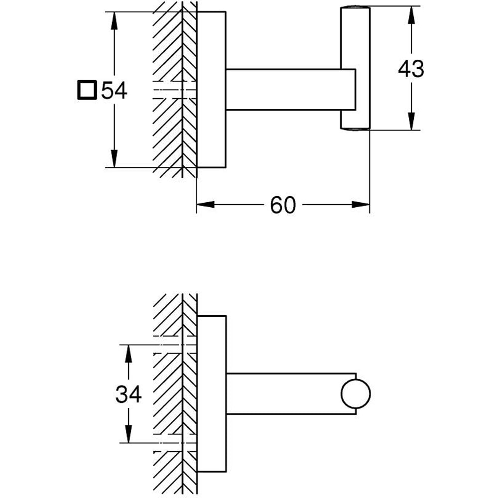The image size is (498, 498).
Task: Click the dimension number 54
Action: (115, 91)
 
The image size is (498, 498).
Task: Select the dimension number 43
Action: (411, 69)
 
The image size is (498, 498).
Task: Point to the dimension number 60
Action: (283, 205)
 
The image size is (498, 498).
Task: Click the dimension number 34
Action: (128, 394)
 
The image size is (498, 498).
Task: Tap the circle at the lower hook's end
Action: (356, 394)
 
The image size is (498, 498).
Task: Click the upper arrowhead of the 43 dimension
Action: (411, 15)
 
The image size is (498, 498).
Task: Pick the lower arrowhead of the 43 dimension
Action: (411, 122)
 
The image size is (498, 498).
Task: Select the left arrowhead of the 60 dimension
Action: (205, 204)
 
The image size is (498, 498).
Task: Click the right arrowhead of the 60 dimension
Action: (361, 204)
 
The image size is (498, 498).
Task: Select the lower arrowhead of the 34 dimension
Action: (128, 433)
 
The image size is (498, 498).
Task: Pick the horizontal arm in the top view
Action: (284, 90)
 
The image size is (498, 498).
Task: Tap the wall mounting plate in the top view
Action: (212, 90)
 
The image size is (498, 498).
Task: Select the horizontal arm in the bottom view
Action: (284, 393)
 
